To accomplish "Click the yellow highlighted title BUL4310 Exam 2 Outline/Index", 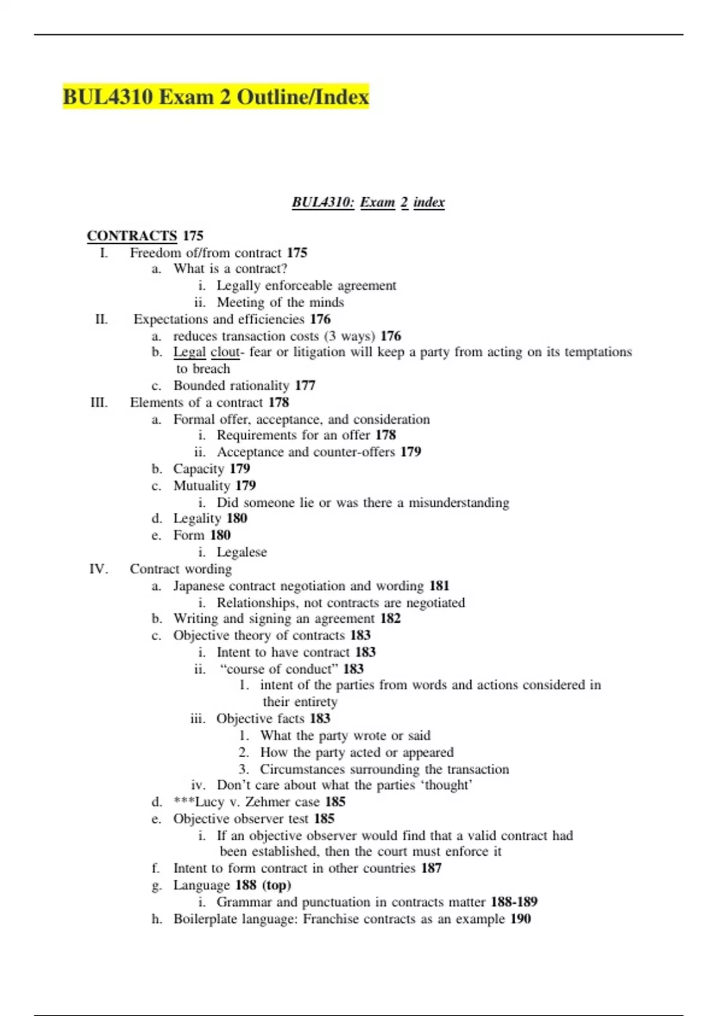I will [215, 97].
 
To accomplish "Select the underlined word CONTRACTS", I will [132, 236].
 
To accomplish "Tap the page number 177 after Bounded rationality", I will [305, 386].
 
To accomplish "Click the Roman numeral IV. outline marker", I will [99, 569].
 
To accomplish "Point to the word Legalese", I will [242, 552].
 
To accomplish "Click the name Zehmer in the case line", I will [267, 802].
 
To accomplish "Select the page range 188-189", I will [514, 902].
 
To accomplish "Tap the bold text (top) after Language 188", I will [276, 885].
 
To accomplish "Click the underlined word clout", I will [225, 353].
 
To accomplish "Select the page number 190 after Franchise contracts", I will [521, 919].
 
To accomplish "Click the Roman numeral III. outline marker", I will [99, 403].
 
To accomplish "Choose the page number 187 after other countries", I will [431, 868].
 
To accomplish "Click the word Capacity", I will [199, 469].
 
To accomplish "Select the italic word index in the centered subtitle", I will [429, 203].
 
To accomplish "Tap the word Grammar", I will [244, 902].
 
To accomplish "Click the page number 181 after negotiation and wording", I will [439, 586].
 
